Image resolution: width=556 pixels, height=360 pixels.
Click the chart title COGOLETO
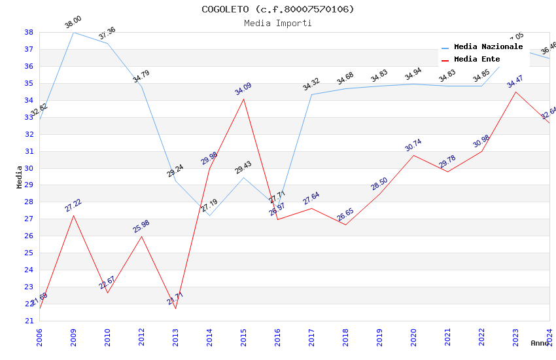pos(278,9)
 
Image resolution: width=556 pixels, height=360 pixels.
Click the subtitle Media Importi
pos(278,23)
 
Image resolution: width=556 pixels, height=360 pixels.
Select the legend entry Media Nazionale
pos(488,47)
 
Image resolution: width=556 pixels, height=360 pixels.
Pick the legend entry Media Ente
pos(477,59)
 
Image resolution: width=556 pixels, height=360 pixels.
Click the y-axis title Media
pos(20,177)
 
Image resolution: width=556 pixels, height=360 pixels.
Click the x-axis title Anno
pos(540,343)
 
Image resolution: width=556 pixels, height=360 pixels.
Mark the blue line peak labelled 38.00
pos(73,32)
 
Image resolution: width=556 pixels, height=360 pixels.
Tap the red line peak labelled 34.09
pos(243,99)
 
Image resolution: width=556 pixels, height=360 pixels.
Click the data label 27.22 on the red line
pos(73,206)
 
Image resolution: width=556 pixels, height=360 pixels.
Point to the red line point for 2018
pos(345,225)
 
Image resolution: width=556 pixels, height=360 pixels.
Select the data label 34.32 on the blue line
pos(311,84)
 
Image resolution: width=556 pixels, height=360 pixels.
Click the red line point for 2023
pos(515,92)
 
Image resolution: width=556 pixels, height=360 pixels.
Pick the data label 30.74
pos(413,145)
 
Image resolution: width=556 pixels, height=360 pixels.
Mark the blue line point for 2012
pos(141,86)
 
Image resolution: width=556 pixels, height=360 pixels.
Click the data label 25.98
pos(141,226)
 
